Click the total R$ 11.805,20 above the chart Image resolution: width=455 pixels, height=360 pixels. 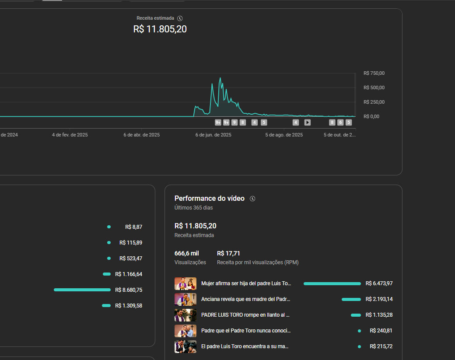(x=160, y=29)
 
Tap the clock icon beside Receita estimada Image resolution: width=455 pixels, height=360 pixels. (x=180, y=18)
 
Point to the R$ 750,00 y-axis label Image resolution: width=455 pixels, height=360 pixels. (x=374, y=73)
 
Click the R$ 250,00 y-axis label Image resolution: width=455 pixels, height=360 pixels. (x=374, y=102)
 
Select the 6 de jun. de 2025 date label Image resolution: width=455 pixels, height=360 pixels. (x=213, y=135)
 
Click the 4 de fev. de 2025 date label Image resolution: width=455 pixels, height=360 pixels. (x=70, y=135)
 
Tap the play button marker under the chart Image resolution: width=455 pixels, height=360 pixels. (x=308, y=122)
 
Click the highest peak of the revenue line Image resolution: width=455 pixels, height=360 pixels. (x=220, y=78)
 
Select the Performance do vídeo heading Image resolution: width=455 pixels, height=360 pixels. (x=209, y=199)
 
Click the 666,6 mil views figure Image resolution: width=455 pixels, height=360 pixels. (x=186, y=253)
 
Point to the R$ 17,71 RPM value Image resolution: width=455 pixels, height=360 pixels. (x=228, y=253)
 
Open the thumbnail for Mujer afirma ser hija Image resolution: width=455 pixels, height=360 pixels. (x=185, y=283)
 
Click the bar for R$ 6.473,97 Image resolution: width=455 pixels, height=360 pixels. (x=332, y=283)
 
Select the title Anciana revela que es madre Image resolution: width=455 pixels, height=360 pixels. (x=246, y=299)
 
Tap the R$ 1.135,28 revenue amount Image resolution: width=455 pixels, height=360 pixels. (x=379, y=315)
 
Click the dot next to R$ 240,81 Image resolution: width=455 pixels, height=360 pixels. (x=359, y=331)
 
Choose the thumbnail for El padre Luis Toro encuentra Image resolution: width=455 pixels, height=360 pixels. (x=185, y=346)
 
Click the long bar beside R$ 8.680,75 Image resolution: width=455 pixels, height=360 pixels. (x=82, y=290)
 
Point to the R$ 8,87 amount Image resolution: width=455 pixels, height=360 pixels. (x=133, y=227)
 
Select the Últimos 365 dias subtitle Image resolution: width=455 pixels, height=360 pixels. (x=193, y=208)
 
